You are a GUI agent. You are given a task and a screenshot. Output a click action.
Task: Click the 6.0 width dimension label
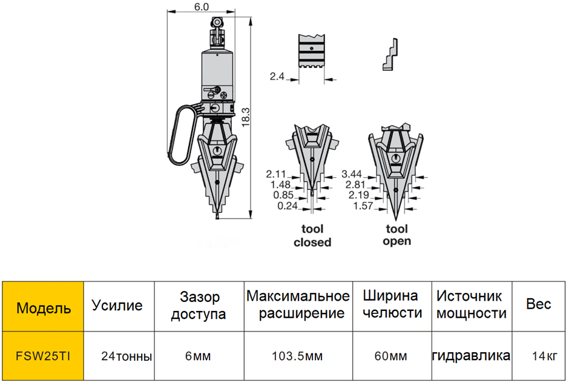point(202,7)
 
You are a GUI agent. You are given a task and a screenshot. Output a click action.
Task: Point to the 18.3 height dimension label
point(246,117)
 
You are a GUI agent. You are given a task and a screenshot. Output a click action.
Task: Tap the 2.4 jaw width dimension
point(277,76)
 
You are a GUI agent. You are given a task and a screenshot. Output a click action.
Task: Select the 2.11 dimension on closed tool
point(276,174)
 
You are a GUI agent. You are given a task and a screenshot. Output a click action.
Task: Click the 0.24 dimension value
point(288,206)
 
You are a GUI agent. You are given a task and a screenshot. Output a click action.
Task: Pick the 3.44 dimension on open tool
point(352,174)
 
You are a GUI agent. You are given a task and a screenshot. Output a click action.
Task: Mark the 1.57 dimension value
point(363,206)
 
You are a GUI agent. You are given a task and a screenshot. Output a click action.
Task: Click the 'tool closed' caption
point(312,235)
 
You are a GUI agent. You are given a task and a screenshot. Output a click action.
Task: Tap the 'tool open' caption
point(397,235)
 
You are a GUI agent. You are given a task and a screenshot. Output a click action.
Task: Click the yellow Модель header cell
point(43,307)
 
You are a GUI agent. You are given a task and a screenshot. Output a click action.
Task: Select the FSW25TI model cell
point(43,356)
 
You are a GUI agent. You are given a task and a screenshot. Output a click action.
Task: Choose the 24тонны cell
point(127,356)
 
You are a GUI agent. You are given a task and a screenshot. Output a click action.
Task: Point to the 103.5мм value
point(297,356)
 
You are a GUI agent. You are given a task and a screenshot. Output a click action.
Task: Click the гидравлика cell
point(472,355)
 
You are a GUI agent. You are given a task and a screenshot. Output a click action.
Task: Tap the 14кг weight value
point(544,356)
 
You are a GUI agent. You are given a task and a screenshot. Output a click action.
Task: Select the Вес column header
point(539,304)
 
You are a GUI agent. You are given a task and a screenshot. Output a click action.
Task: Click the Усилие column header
point(117,306)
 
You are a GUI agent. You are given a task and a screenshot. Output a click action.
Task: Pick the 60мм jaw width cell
point(391,356)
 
